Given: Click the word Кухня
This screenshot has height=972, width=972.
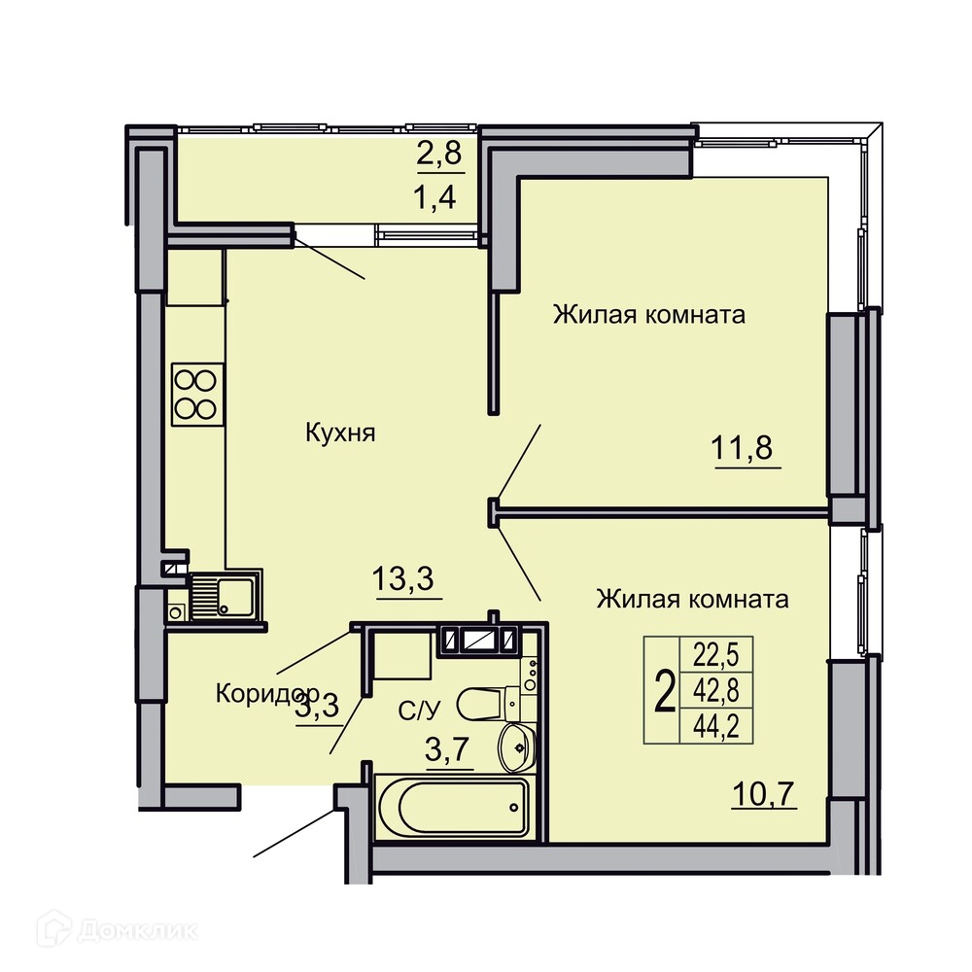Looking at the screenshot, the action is (x=340, y=433).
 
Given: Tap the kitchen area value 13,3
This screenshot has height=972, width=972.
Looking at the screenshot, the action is (x=403, y=578).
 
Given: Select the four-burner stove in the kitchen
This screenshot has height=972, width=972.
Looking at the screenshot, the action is (x=197, y=395).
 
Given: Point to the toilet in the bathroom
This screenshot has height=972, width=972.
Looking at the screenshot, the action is (x=489, y=703).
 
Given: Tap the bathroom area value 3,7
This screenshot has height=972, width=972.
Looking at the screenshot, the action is (x=446, y=750).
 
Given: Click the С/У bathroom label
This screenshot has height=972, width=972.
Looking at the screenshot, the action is (x=418, y=712).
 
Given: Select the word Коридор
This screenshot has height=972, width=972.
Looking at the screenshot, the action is (x=267, y=694).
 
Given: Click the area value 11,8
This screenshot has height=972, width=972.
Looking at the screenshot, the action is (x=742, y=447).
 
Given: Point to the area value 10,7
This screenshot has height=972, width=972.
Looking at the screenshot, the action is (x=764, y=794).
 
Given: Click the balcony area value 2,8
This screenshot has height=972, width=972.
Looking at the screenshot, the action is (x=439, y=154).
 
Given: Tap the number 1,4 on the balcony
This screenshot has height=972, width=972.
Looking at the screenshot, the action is (x=434, y=197).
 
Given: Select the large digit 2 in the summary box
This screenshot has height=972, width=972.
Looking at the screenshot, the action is (x=664, y=691).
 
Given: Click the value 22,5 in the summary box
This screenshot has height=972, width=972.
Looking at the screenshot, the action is (x=716, y=654).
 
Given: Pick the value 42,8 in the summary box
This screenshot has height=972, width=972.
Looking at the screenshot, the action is (x=716, y=690).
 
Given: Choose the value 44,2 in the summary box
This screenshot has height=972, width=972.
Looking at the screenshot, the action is (x=716, y=725).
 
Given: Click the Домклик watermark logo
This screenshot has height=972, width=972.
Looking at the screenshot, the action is (x=118, y=930).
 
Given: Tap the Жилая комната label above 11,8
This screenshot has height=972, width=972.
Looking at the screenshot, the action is (x=649, y=315).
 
